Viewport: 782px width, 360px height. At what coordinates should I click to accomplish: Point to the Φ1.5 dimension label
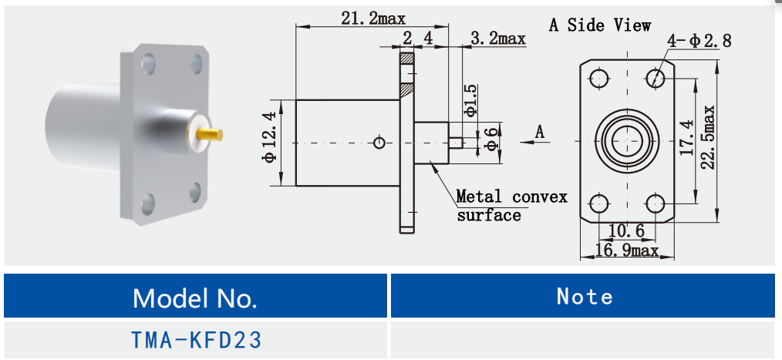coord(471,100)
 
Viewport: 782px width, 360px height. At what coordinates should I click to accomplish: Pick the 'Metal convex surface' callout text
coord(511,205)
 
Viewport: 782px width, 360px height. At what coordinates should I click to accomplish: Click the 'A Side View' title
coord(599,25)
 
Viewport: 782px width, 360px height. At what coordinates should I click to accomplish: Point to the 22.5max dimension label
coord(709,136)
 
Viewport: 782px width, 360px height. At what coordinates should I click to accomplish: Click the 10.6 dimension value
coord(626,230)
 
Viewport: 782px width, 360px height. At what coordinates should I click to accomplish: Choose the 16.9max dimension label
coord(625,250)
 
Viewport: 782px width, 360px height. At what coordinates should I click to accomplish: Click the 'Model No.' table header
coord(194,297)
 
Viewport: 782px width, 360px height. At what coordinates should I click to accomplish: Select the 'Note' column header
coord(585,297)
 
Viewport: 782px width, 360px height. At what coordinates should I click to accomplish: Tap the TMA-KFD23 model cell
coord(194,339)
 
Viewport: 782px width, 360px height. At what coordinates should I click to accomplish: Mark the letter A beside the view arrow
coord(540,132)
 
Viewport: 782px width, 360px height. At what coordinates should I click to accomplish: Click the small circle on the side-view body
coord(379,143)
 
